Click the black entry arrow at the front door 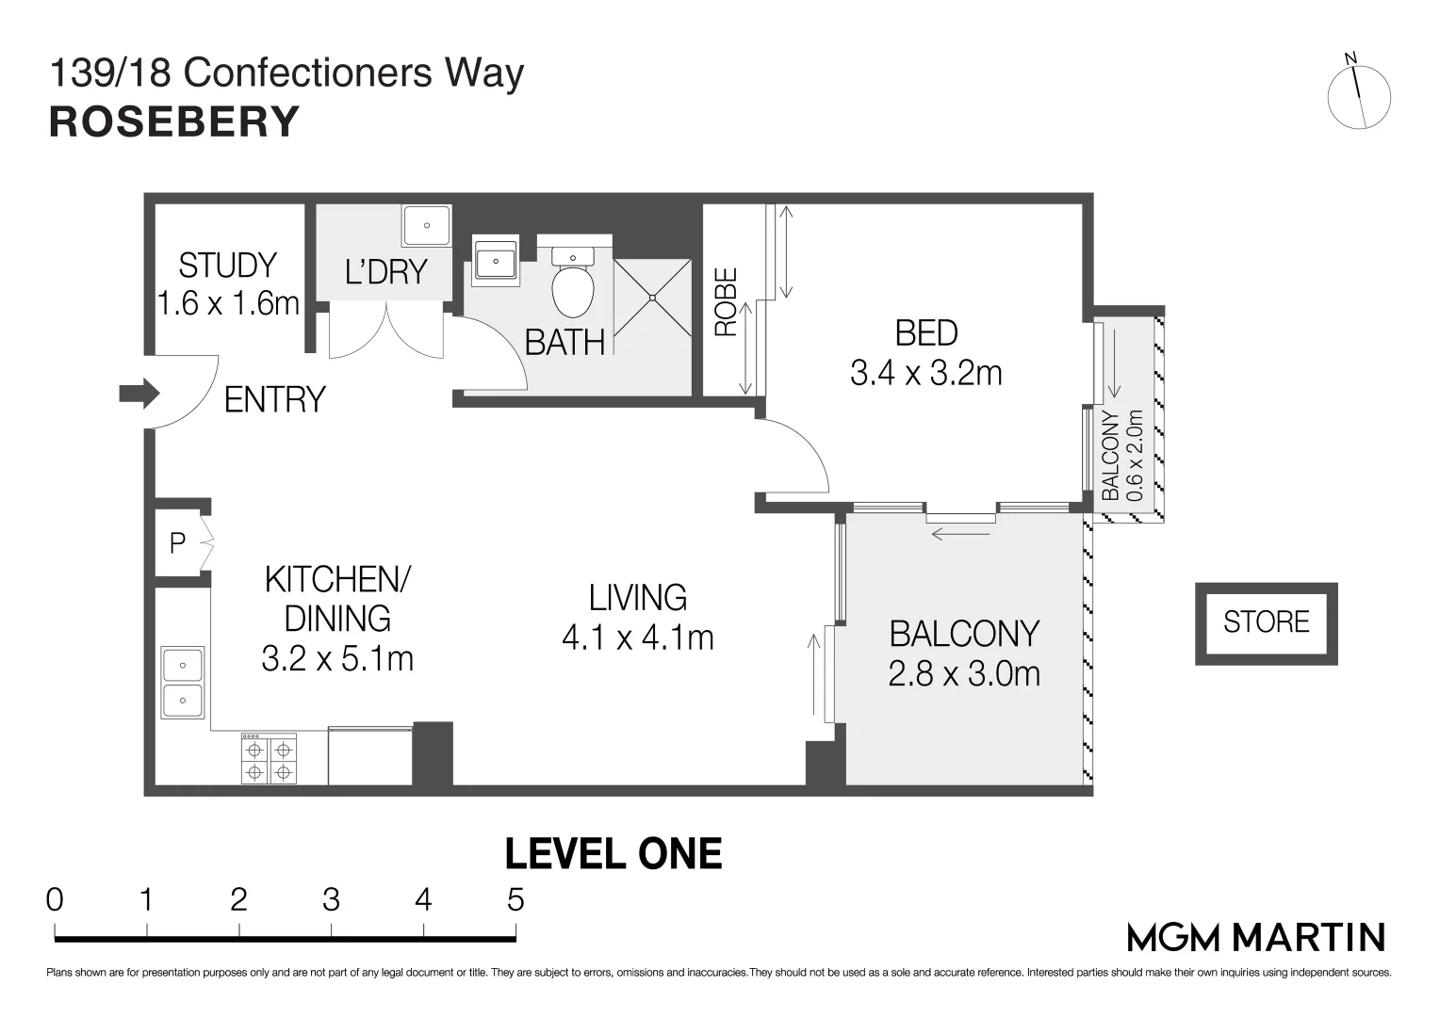pyautogui.click(x=139, y=394)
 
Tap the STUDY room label pyautogui.click(x=227, y=266)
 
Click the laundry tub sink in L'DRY pyautogui.click(x=426, y=225)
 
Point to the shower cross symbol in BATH pyautogui.click(x=652, y=298)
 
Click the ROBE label pyautogui.click(x=726, y=302)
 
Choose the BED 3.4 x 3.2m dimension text pyautogui.click(x=925, y=373)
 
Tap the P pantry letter pyautogui.click(x=177, y=543)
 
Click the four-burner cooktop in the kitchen pyautogui.click(x=269, y=759)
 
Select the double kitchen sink pyautogui.click(x=183, y=683)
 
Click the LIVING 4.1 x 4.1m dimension pyautogui.click(x=638, y=638)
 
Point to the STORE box pyautogui.click(x=1267, y=623)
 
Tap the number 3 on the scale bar pyautogui.click(x=331, y=900)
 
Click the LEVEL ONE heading pyautogui.click(x=614, y=854)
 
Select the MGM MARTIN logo pyautogui.click(x=1256, y=938)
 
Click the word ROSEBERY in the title pyautogui.click(x=174, y=122)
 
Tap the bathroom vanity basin pyautogui.click(x=496, y=261)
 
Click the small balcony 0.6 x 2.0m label pyautogui.click(x=1122, y=455)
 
